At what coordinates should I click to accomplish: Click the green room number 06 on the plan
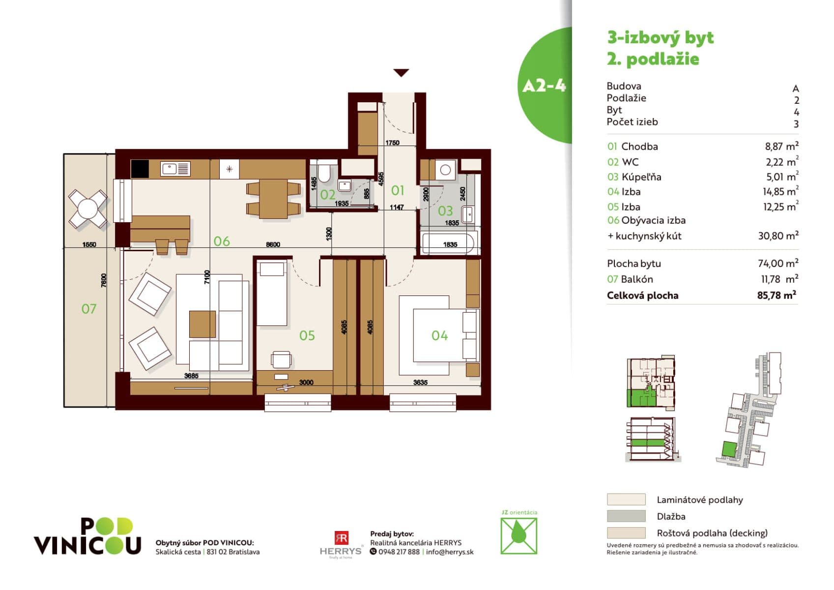(222, 241)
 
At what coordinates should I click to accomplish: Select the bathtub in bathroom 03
(449, 243)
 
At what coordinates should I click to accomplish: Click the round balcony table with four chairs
(88, 209)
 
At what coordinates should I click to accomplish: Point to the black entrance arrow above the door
(401, 73)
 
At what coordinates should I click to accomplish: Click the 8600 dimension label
(273, 244)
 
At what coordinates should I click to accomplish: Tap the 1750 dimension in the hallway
(392, 143)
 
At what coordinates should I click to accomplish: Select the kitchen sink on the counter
(175, 169)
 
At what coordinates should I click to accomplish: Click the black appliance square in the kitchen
(140, 169)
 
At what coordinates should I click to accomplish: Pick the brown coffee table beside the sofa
(202, 324)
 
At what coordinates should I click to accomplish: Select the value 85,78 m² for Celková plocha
(776, 295)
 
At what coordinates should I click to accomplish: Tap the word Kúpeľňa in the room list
(641, 177)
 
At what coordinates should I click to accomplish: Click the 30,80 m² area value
(778, 236)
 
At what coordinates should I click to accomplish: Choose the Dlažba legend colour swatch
(626, 516)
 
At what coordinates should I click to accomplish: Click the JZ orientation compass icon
(518, 535)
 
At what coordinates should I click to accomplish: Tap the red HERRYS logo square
(342, 538)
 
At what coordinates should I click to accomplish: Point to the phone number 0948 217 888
(399, 552)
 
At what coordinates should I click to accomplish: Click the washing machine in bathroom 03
(445, 170)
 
